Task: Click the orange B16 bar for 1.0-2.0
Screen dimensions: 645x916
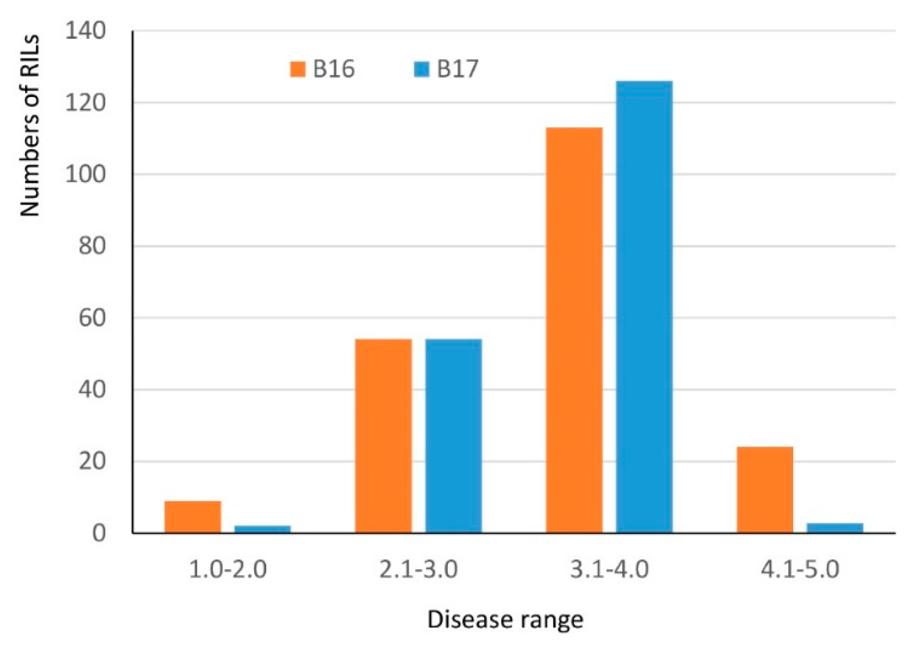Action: pyautogui.click(x=192, y=517)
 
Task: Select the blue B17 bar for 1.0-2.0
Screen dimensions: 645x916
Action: pyautogui.click(x=263, y=529)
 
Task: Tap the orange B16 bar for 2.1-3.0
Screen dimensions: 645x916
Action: pyautogui.click(x=383, y=436)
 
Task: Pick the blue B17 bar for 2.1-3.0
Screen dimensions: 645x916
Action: pyautogui.click(x=453, y=436)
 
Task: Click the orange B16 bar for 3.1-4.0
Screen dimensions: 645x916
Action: pyautogui.click(x=574, y=331)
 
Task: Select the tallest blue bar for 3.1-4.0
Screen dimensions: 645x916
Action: pyautogui.click(x=644, y=307)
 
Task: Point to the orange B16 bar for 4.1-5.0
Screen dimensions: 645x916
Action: pyautogui.click(x=765, y=490)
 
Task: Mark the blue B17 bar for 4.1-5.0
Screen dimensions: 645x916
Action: pyautogui.click(x=835, y=528)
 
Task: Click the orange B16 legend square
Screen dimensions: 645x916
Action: pyautogui.click(x=297, y=69)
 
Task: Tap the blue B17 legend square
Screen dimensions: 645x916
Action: pyautogui.click(x=421, y=69)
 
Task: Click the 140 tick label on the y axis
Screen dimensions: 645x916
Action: pyautogui.click(x=86, y=31)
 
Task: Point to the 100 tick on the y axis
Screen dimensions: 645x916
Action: pyautogui.click(x=86, y=174)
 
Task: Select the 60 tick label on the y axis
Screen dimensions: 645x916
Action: pyautogui.click(x=92, y=318)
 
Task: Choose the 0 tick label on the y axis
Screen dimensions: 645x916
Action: pyautogui.click(x=99, y=533)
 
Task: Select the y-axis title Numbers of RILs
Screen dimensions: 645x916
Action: pyautogui.click(x=29, y=126)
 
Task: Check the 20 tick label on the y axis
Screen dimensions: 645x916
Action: pyautogui.click(x=92, y=461)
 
